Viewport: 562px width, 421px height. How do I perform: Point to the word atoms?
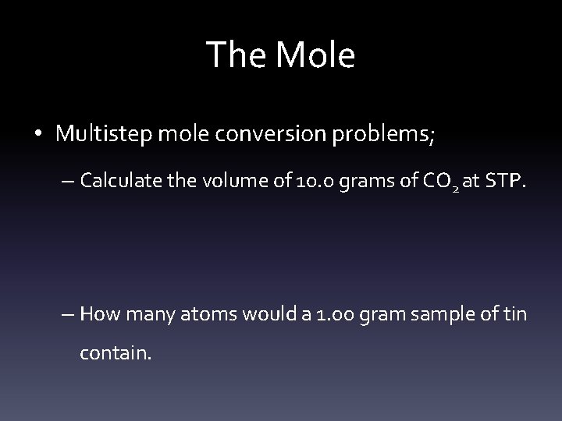(x=201, y=315)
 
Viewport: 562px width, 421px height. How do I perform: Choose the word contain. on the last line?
(x=116, y=353)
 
